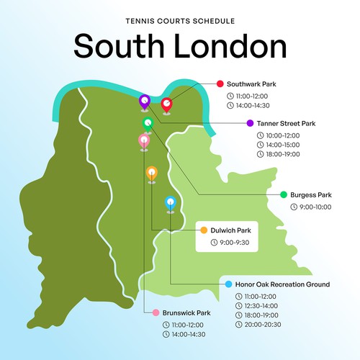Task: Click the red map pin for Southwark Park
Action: click(166, 105)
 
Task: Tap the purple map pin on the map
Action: click(145, 102)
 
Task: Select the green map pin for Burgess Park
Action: click(148, 124)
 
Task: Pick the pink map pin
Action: click(144, 141)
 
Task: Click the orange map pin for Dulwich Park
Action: click(151, 173)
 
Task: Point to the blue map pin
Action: click(171, 203)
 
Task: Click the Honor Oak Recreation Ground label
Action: click(282, 284)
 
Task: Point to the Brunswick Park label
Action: click(186, 313)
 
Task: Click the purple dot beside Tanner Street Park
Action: click(249, 123)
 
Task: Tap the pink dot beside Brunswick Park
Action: click(153, 313)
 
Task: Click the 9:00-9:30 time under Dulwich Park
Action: click(233, 243)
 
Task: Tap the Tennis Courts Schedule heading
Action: click(179, 22)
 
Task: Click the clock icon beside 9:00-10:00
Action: click(293, 207)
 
